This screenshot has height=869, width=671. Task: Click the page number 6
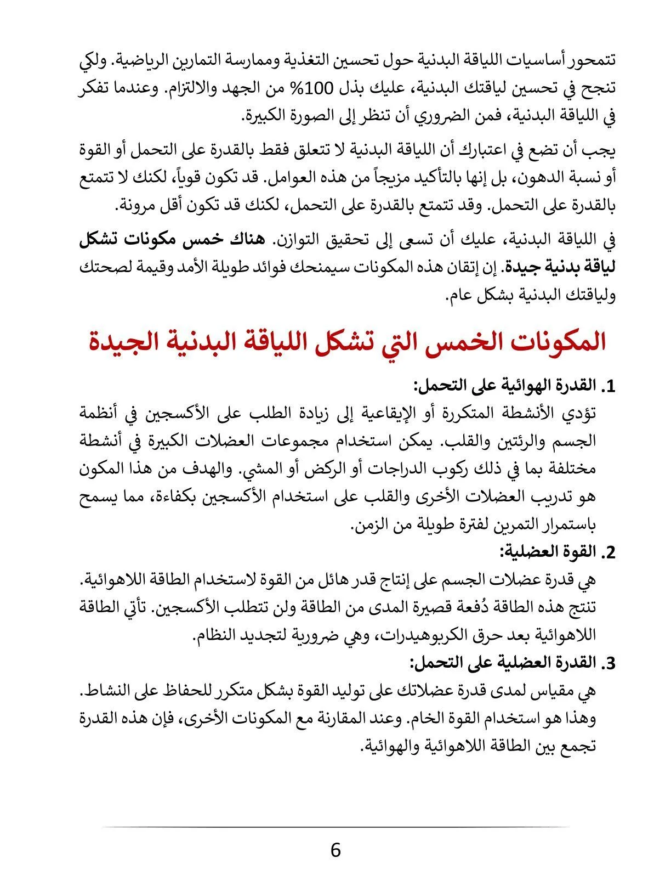click(336, 850)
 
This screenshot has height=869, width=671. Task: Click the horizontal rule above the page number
click(336, 827)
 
